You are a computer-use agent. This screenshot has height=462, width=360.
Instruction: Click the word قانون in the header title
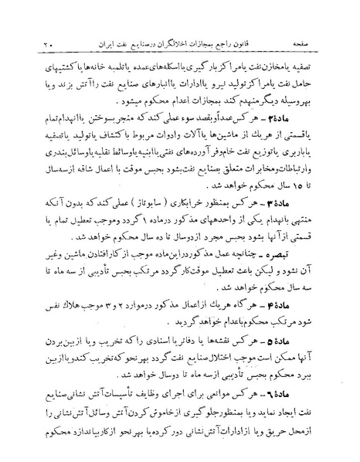(x=266, y=36)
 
